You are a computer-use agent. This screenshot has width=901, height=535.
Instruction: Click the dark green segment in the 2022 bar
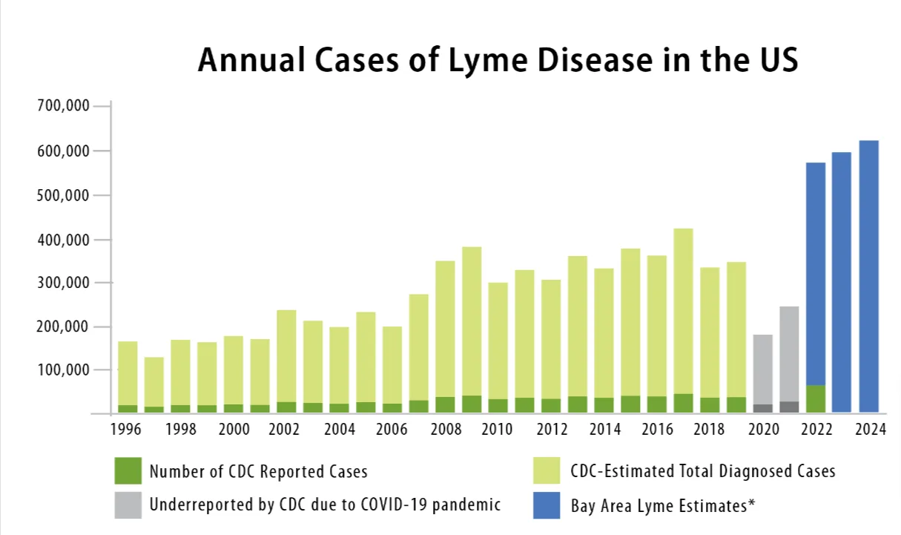[816, 398]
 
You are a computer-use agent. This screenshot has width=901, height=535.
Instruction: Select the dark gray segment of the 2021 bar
[789, 407]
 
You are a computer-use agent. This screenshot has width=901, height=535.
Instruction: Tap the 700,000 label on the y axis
[63, 106]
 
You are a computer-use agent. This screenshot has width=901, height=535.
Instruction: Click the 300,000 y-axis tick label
[63, 283]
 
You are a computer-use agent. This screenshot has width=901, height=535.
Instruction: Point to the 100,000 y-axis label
[63, 370]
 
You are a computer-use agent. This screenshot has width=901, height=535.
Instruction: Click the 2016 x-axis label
[656, 430]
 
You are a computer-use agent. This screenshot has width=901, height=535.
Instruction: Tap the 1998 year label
[181, 430]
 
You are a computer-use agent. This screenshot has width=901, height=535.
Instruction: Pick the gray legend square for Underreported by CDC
[128, 505]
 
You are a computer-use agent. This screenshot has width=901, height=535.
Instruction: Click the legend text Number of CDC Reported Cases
[258, 472]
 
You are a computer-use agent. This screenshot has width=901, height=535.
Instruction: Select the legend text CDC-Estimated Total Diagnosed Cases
[702, 471]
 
